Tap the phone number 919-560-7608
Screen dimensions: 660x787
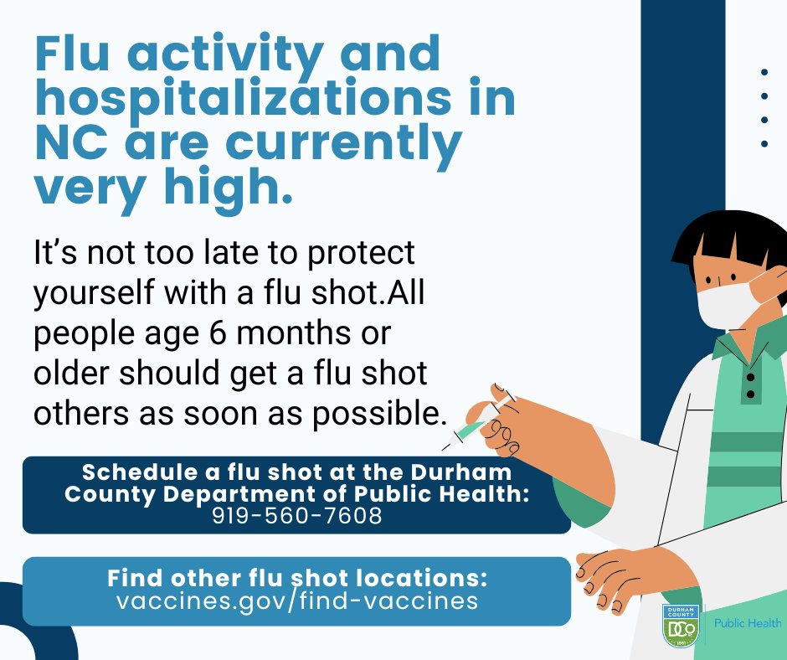tap(296, 516)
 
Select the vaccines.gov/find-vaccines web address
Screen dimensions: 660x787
tap(297, 601)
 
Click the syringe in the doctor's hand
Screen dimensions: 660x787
tap(472, 425)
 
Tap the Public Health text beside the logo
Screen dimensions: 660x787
tap(748, 623)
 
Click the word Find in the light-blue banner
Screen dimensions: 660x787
tap(135, 579)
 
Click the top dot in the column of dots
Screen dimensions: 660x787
tap(764, 73)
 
